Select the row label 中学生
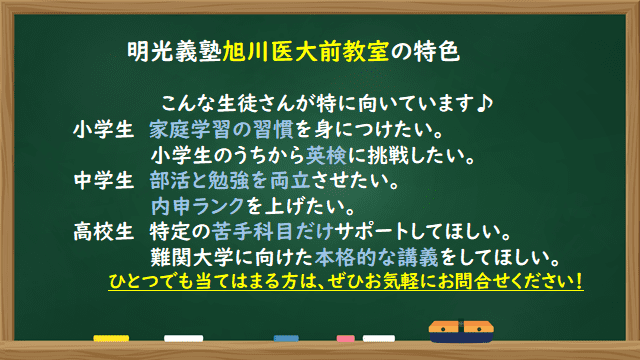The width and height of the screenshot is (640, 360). click(103, 182)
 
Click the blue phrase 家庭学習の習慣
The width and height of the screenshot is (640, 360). click(212, 130)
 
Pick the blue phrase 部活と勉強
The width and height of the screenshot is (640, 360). click(212, 182)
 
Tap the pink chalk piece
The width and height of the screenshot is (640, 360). click(345, 338)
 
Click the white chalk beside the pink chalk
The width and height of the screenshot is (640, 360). click(377, 338)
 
